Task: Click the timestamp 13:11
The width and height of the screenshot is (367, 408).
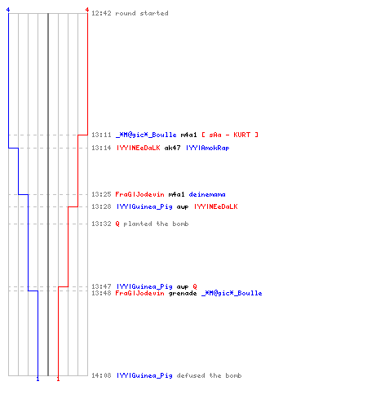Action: click(101, 135)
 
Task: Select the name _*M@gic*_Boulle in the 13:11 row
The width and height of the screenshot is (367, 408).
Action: click(146, 135)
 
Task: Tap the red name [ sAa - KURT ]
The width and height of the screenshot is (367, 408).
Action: click(230, 135)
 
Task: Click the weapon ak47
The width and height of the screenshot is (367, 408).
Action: click(173, 148)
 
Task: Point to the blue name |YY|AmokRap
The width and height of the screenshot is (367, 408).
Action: click(208, 148)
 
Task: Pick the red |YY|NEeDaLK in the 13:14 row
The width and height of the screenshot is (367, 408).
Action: click(139, 148)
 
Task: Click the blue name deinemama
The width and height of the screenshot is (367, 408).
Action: click(207, 194)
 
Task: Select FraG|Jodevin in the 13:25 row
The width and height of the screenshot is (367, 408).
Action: click(139, 194)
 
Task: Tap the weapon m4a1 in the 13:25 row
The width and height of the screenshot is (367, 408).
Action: click(176, 194)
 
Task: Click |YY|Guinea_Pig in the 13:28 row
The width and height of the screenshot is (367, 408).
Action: click(144, 206)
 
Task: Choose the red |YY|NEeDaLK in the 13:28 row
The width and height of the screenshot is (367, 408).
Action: click(216, 206)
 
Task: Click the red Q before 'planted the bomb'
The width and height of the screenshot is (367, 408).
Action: click(117, 224)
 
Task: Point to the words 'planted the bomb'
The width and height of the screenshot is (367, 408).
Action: click(156, 224)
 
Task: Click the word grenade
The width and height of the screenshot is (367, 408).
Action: click(183, 293)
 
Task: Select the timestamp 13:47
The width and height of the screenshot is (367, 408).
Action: click(101, 286)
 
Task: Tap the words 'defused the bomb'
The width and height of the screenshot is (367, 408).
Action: click(209, 375)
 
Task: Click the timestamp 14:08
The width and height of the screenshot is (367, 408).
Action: click(101, 375)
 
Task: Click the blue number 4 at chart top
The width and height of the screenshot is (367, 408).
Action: click(8, 10)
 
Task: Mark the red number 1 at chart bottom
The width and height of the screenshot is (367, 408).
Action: click(58, 379)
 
